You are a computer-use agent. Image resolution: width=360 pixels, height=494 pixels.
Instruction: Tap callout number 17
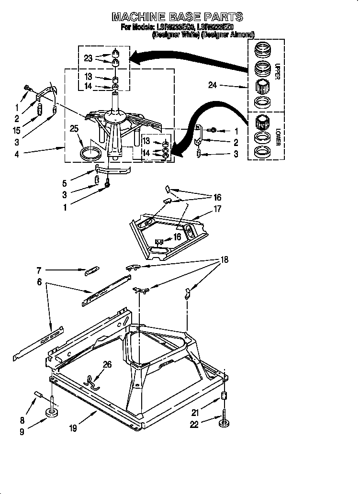[218, 208]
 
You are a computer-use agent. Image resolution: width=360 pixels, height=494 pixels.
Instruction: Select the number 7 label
[39, 270]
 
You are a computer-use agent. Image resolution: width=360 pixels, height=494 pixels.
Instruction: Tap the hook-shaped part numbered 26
[91, 380]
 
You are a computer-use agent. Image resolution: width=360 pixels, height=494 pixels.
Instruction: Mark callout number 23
[88, 58]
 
